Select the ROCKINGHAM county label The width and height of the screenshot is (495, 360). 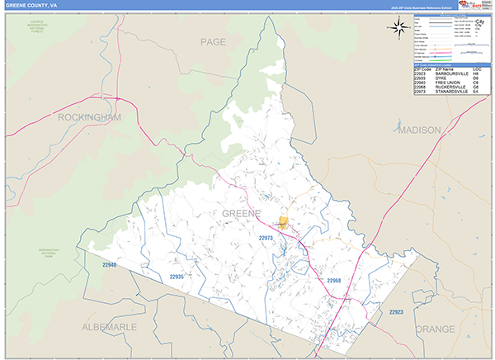pyautogui.click(x=89, y=117)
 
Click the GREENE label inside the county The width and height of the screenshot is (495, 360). pyautogui.click(x=241, y=213)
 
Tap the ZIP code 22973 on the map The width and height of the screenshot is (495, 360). pyautogui.click(x=266, y=238)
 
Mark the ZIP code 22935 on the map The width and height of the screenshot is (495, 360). pyautogui.click(x=177, y=277)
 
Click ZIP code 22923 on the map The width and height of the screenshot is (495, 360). pyautogui.click(x=396, y=311)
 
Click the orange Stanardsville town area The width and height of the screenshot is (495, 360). pyautogui.click(x=284, y=222)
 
